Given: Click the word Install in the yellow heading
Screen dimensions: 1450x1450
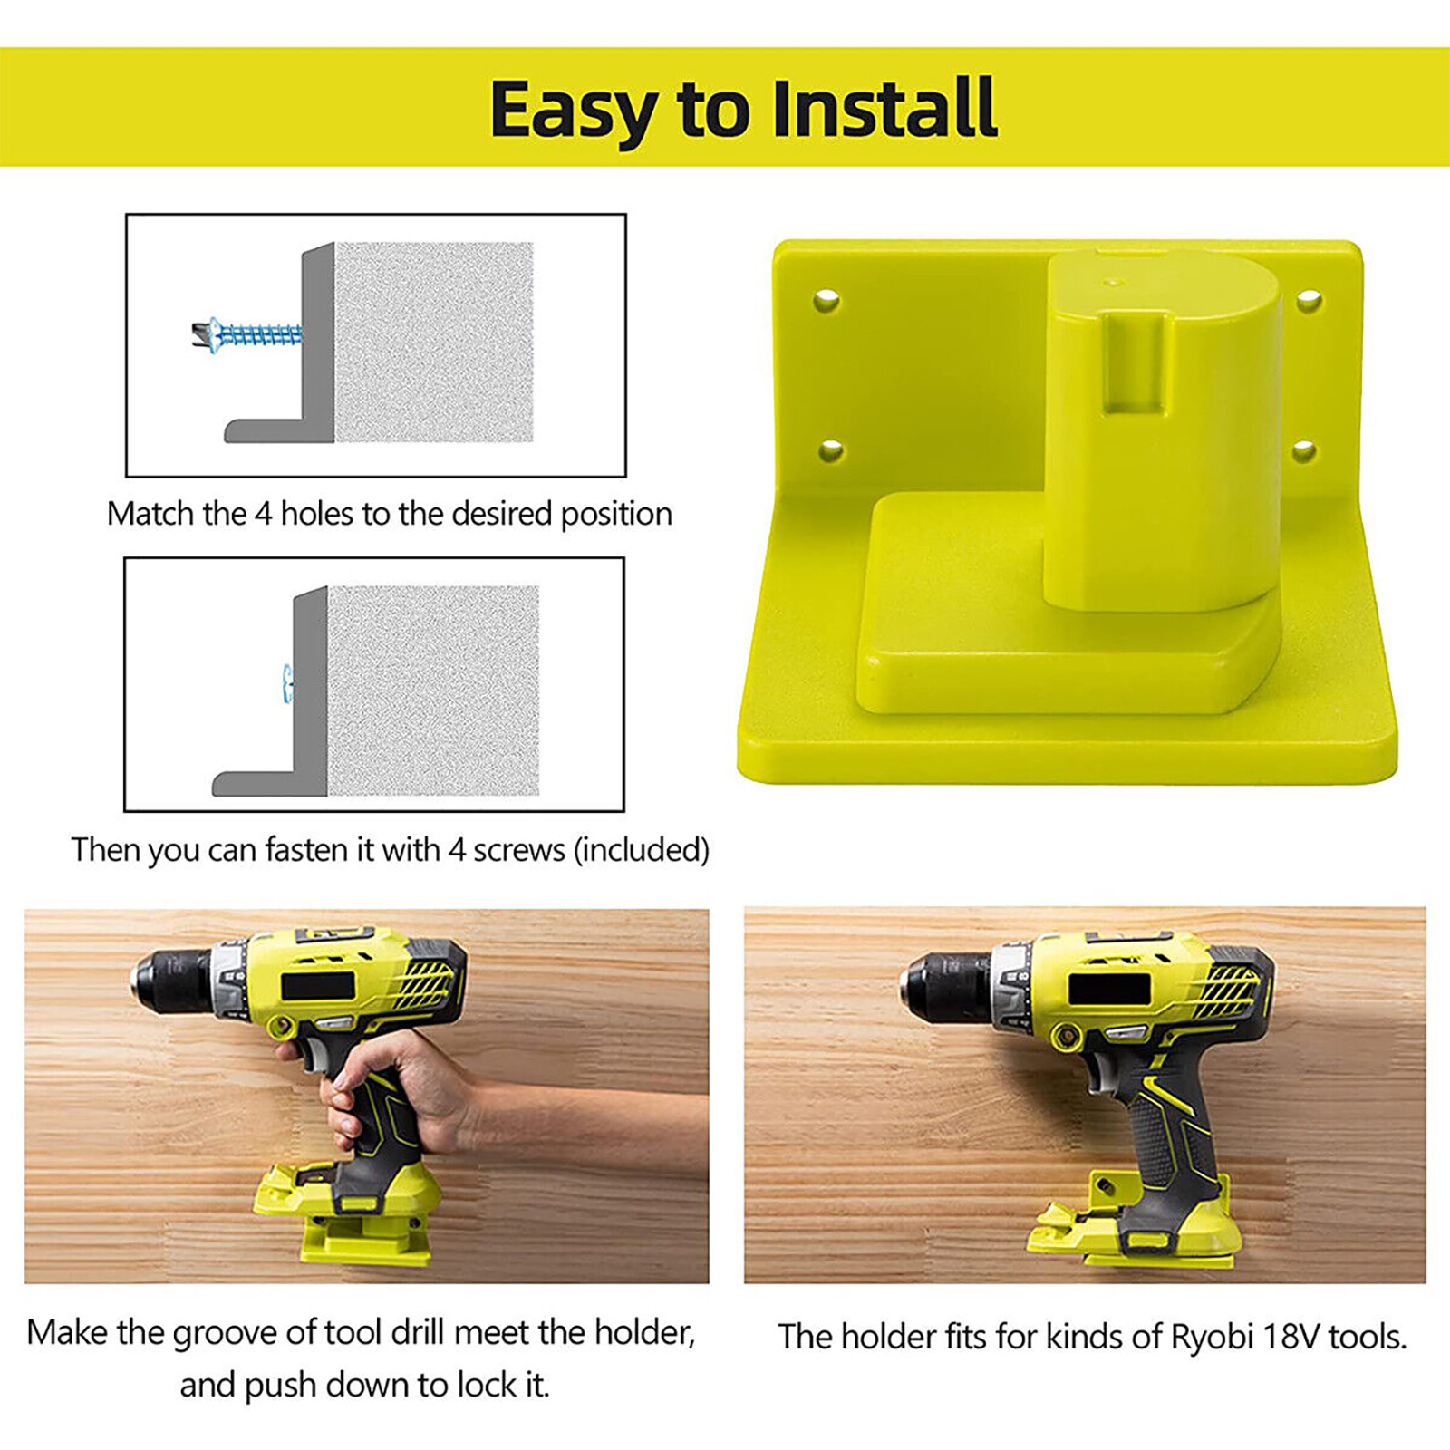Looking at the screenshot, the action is (884, 108).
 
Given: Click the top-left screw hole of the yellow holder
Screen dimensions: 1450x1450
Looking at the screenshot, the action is (826, 300).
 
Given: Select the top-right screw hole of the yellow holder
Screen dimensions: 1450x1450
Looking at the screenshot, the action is (1308, 300).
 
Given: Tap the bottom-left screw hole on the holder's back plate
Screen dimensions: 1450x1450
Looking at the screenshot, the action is (831, 449).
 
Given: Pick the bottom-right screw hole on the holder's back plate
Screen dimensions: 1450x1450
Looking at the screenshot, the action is (1304, 449).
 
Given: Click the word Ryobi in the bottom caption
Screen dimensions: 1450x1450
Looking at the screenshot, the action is (1212, 1338).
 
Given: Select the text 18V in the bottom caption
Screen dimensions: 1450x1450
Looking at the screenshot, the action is (1291, 1337).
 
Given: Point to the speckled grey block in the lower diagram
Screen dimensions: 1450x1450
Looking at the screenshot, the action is (433, 691).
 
